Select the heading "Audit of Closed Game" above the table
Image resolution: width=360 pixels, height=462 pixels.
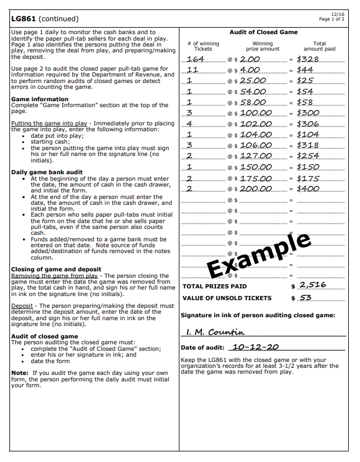pos(263,32)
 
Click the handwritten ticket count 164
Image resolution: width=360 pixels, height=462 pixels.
pos(195,59)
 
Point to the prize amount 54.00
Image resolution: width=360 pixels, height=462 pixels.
pos(253,92)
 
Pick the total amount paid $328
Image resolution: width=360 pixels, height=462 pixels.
pos(308,59)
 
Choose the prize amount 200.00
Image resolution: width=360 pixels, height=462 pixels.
pos(255,189)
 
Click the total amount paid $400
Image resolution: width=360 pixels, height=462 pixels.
pos(308,189)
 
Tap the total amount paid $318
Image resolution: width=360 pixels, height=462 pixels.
pos(308,145)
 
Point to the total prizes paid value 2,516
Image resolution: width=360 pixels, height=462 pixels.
pos(313,285)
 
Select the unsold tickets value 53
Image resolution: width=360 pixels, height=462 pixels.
pos(306,298)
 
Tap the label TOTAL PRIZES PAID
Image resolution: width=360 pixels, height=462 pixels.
pos(215,287)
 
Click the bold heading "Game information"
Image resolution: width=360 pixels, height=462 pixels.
pos(40,99)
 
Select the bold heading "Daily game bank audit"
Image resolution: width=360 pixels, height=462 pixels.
pos(47,173)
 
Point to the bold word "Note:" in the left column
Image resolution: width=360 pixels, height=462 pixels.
pos(19,373)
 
